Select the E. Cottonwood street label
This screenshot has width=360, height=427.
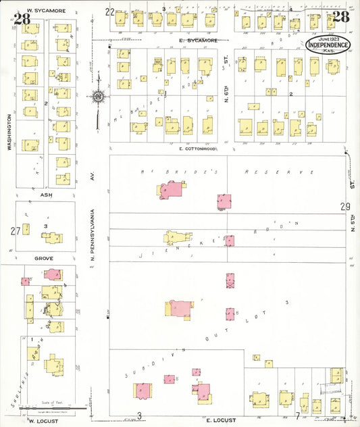[x=198, y=149]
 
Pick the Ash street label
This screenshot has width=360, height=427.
[x=45, y=195]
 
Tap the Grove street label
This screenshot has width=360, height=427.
[x=43, y=258]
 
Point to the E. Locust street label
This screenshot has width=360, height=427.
[x=219, y=420]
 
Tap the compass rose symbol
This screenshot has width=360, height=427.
[x=99, y=97]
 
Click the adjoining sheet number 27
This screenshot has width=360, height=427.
[x=15, y=231]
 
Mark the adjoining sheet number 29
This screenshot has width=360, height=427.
[x=346, y=207]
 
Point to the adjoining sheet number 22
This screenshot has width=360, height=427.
[x=109, y=11]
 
